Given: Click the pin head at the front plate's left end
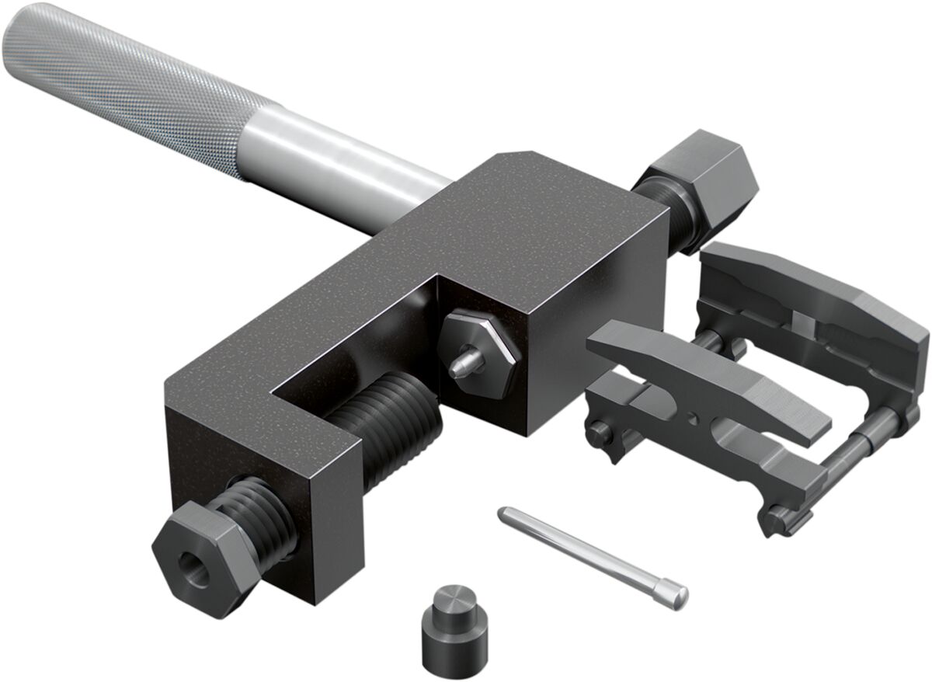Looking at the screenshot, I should [x=599, y=431].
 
